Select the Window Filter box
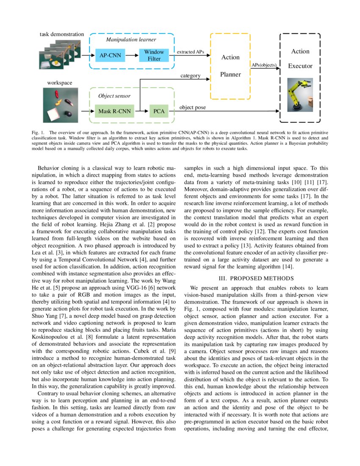pyautogui.click(x=154, y=55)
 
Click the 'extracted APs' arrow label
pyautogui.click(x=190, y=52)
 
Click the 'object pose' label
pyautogui.click(x=193, y=107)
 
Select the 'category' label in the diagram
pyautogui.click(x=190, y=75)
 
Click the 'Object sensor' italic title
pyautogui.click(x=114, y=96)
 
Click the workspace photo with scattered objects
pyautogui.click(x=58, y=105)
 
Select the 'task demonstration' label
pyautogui.click(x=62, y=34)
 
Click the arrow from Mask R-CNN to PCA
pyautogui.click(x=140, y=112)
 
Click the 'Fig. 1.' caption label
pyautogui.click(x=38, y=133)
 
